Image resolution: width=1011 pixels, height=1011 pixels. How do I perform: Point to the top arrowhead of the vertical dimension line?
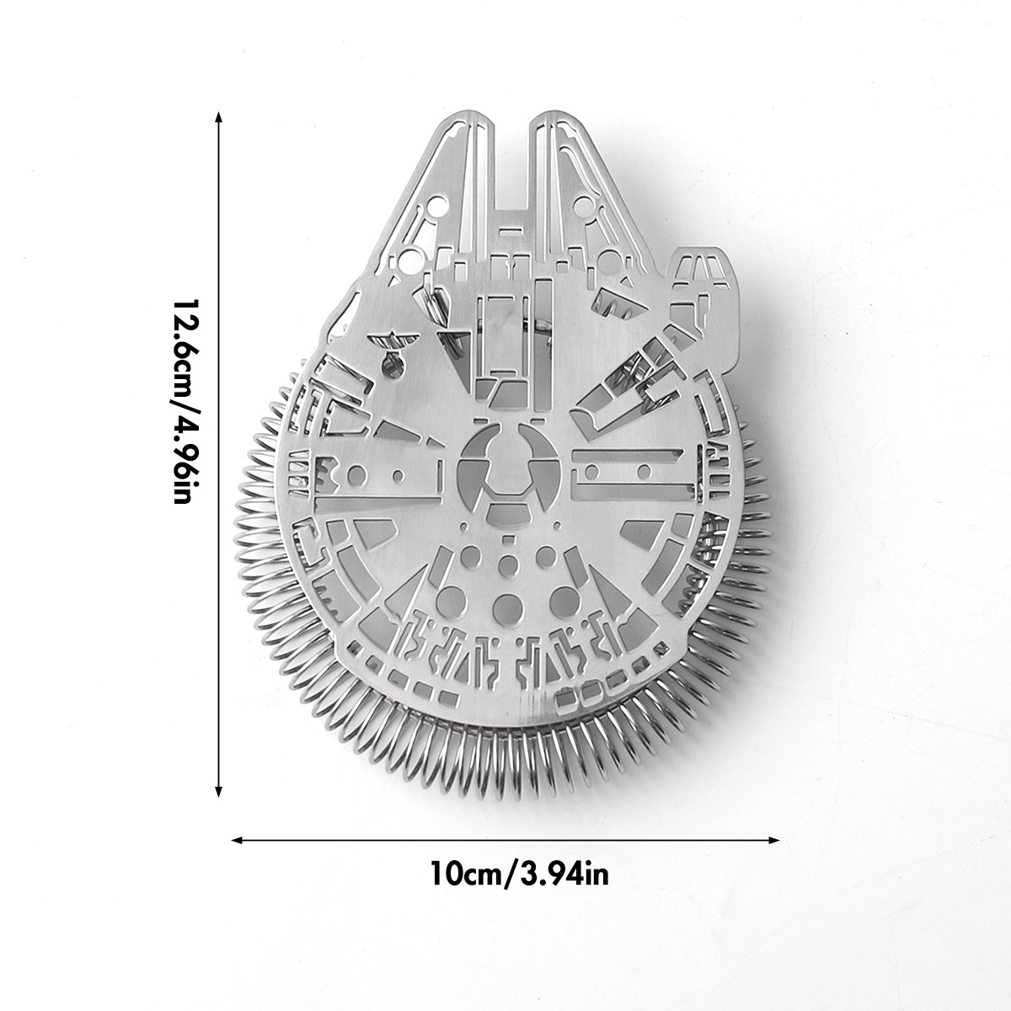pos(219,116)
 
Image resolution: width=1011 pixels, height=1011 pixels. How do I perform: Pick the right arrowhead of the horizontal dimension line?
pos(773,840)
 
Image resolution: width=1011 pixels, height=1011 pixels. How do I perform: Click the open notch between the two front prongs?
pos(512,168)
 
